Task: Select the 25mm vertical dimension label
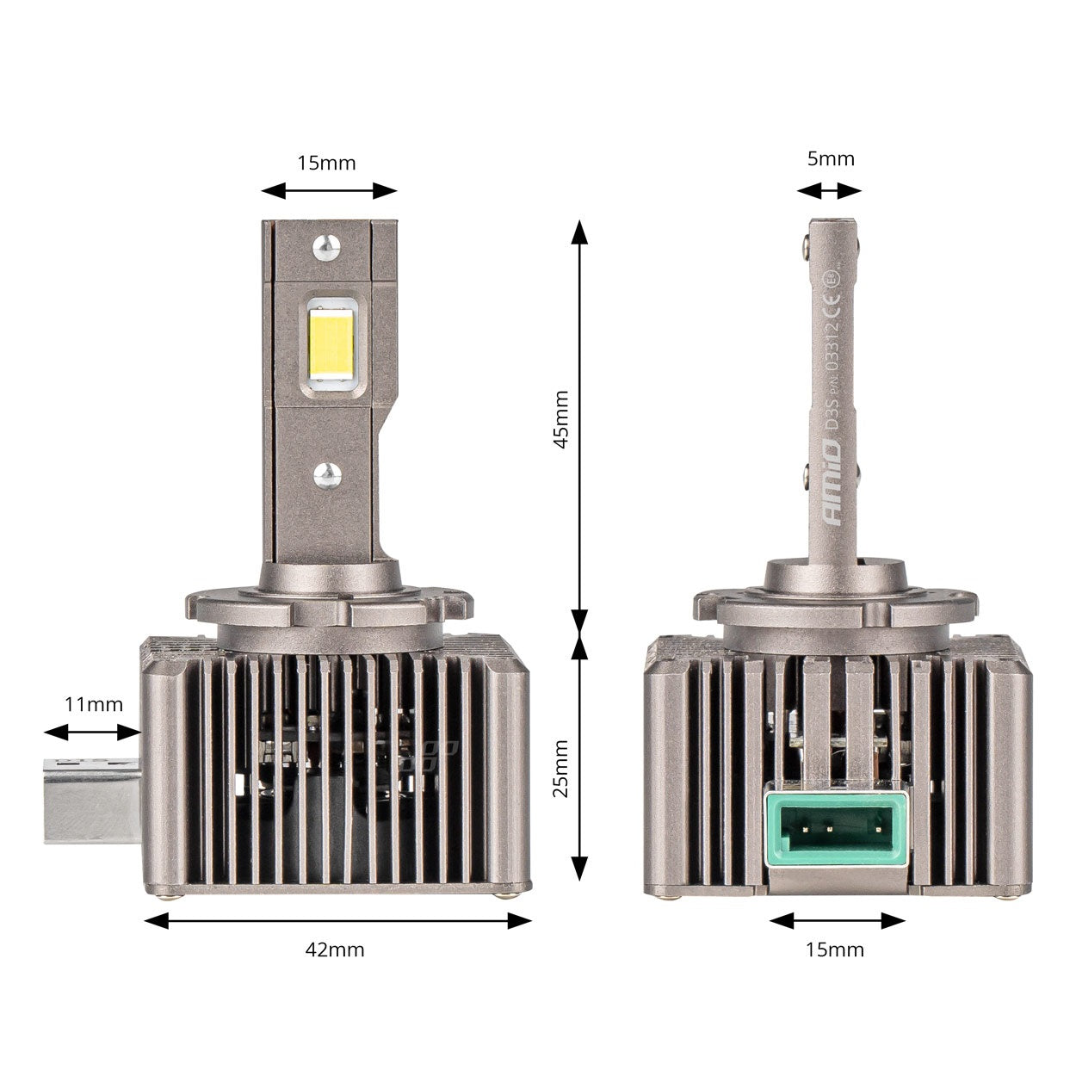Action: click(x=560, y=768)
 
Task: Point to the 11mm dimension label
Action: click(x=94, y=704)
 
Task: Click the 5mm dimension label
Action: click(x=831, y=158)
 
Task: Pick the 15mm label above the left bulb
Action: click(x=326, y=163)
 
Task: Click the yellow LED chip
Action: click(x=331, y=343)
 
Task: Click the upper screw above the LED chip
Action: click(x=325, y=246)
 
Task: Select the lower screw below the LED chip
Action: click(x=326, y=473)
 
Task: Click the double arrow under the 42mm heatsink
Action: click(x=338, y=921)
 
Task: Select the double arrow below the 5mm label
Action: click(x=829, y=191)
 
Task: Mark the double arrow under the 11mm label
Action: click(x=92, y=733)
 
